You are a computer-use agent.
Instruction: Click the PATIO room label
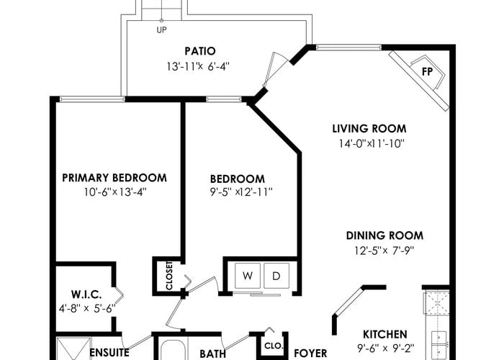200,51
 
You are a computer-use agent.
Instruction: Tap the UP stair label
161,30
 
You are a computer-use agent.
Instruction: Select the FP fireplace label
427,72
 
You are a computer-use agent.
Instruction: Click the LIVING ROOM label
369,129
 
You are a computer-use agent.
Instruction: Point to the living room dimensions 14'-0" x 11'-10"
372,143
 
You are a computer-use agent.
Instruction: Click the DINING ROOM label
384,235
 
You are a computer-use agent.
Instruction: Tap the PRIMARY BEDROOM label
114,178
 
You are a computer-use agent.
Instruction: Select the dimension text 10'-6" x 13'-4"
115,192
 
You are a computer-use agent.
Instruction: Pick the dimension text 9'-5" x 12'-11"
241,192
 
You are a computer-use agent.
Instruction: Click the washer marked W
248,276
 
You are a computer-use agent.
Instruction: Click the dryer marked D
276,276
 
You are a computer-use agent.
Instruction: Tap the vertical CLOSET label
169,276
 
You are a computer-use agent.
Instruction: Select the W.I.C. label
86,294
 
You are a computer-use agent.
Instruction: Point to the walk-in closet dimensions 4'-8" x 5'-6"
87,309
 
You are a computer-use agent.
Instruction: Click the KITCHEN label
384,334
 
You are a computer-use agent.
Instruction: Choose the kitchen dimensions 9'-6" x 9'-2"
386,348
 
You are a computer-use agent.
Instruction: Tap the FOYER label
310,354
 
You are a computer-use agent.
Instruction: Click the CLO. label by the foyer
274,346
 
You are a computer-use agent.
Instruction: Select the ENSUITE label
109,353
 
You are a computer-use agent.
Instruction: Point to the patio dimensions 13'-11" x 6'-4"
198,66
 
